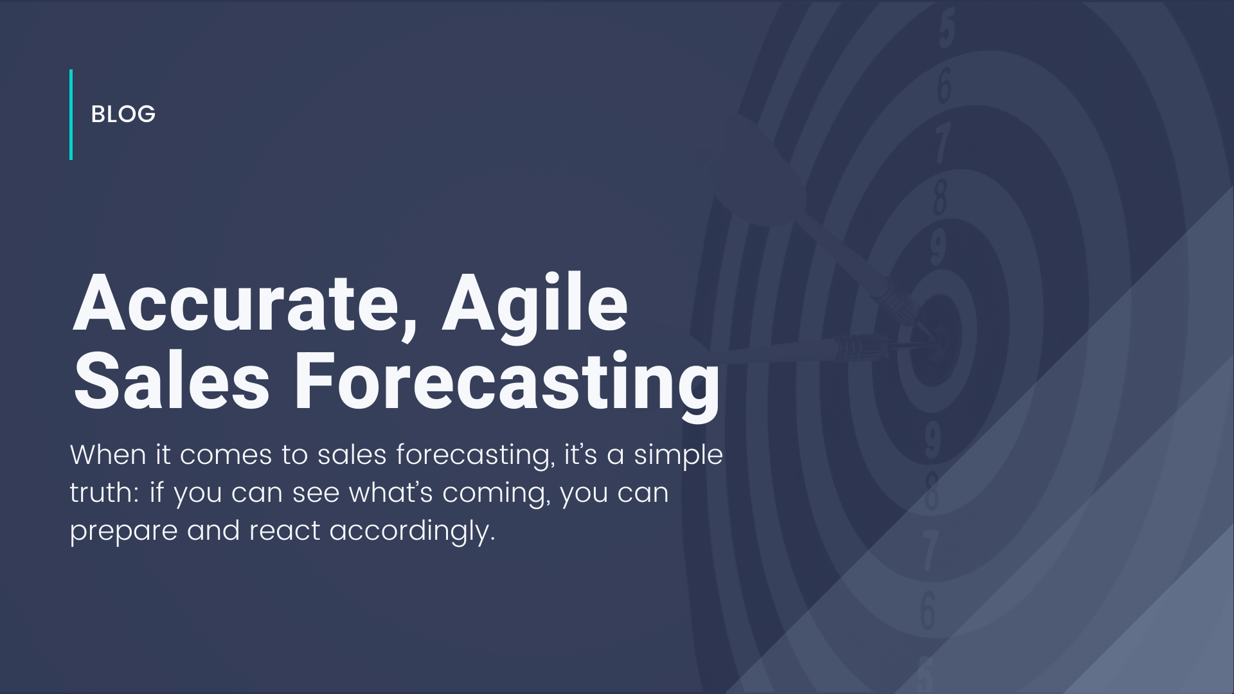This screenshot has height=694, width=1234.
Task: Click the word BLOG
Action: (123, 114)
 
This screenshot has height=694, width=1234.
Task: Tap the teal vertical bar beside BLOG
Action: (71, 114)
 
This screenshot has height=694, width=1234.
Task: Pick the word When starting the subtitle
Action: (108, 455)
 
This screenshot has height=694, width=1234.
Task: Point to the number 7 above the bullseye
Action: (942, 142)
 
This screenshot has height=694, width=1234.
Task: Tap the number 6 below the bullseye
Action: (927, 610)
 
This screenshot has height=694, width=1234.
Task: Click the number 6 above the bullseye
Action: (944, 85)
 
